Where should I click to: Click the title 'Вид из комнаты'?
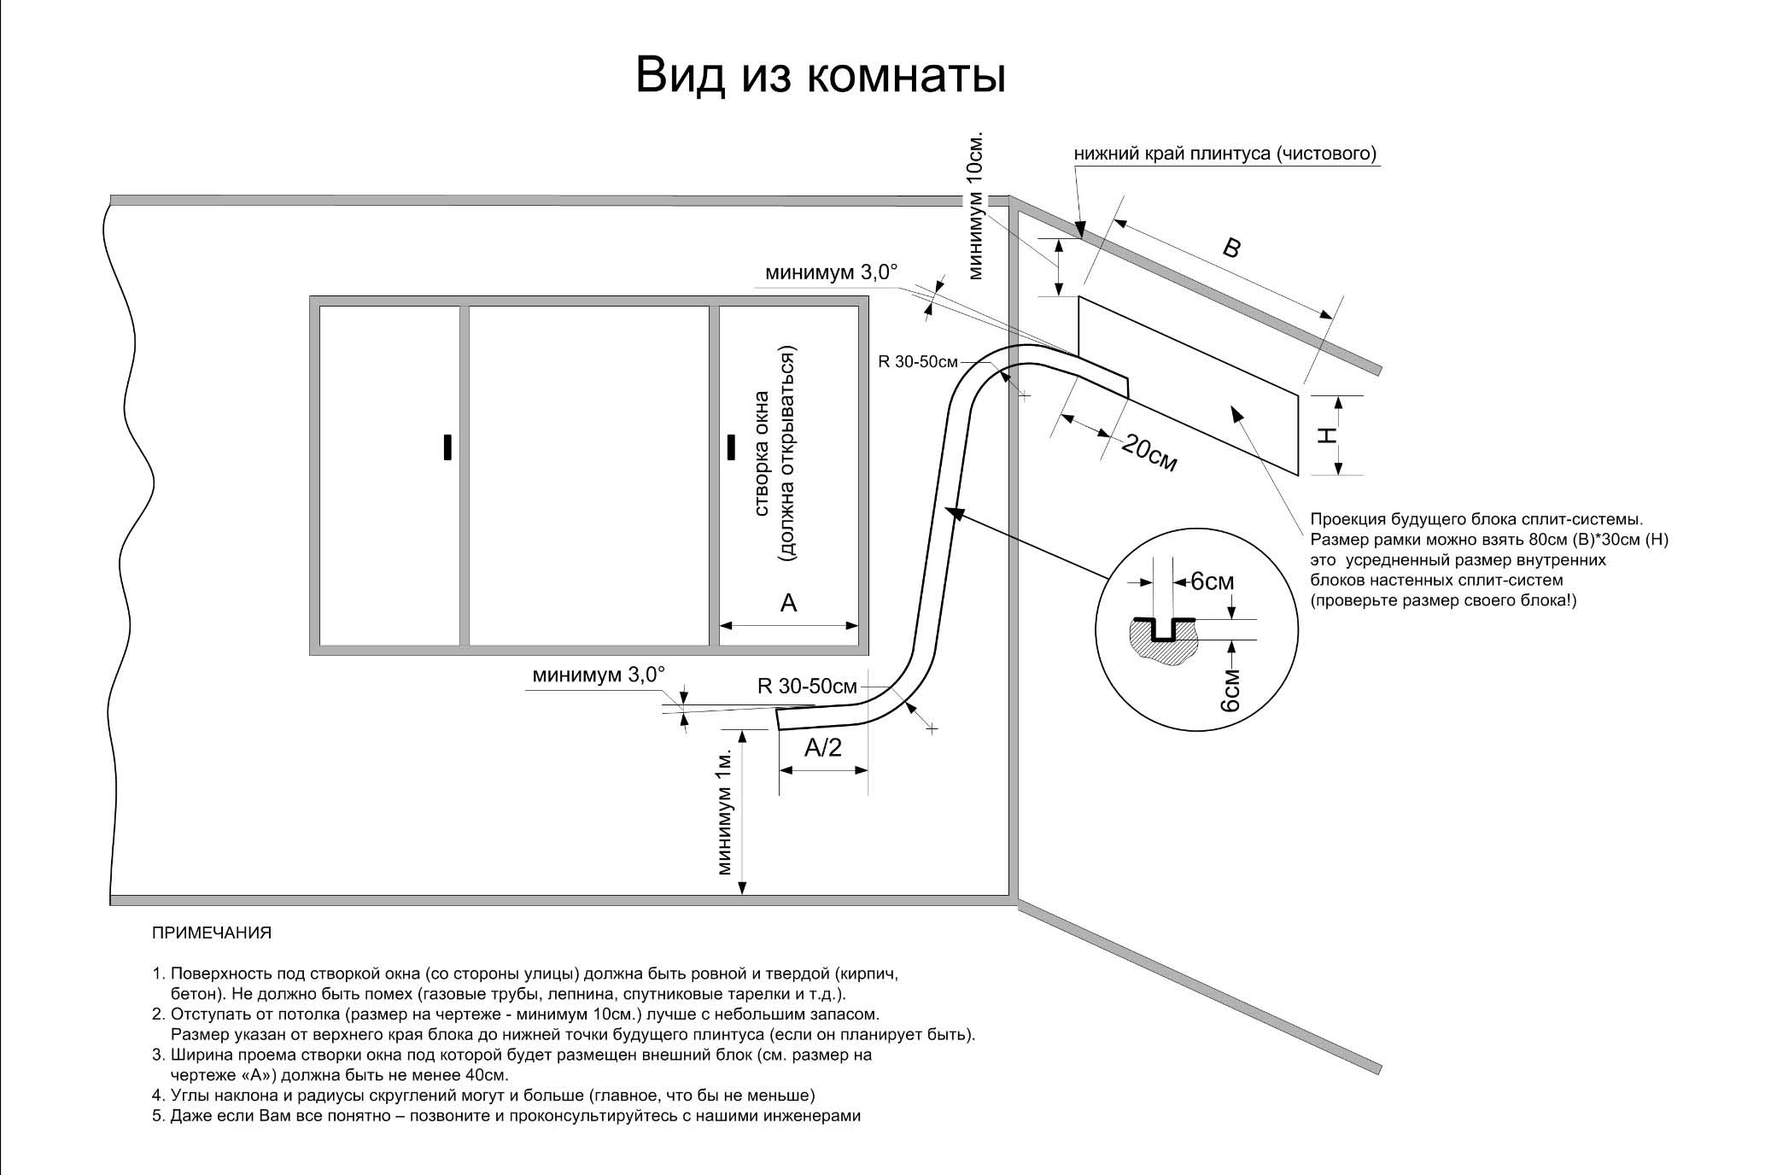(821, 77)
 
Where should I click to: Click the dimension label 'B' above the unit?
(1231, 248)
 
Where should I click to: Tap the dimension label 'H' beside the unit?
(1326, 436)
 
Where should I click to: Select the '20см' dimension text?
(1149, 453)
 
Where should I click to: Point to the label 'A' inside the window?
(788, 603)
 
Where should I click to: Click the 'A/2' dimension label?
(823, 748)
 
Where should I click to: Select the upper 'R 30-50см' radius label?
(918, 362)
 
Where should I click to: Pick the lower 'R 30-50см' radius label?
(807, 686)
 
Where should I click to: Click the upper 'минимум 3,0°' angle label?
(832, 272)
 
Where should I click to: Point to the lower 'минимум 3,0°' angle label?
(598, 675)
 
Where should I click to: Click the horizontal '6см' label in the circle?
(1213, 582)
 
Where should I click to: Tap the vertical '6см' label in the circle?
(1230, 691)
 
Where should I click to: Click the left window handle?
(447, 447)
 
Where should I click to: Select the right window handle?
(731, 447)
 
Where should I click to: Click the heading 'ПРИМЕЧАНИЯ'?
(212, 933)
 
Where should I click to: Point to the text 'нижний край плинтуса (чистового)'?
(1225, 154)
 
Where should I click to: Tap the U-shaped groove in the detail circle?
(1163, 630)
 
